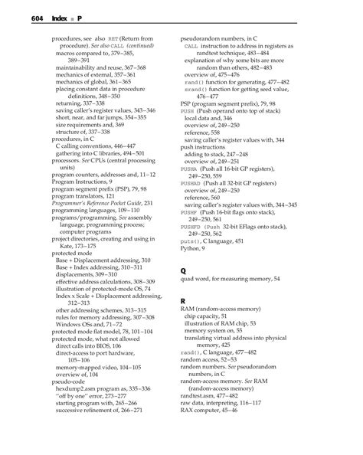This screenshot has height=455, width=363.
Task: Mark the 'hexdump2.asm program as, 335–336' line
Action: point(103,388)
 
